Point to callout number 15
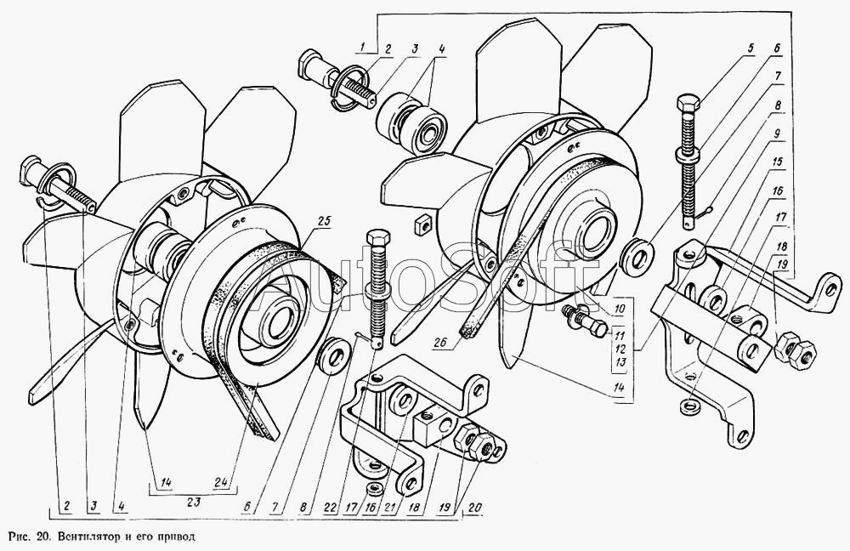coord(777,161)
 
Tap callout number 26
coord(440,344)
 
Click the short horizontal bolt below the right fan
coord(584,321)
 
